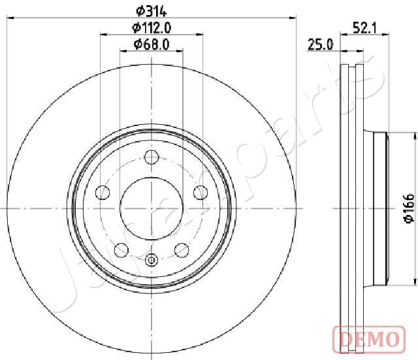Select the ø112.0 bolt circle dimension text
[x=152, y=27]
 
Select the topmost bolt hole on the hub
[x=152, y=157]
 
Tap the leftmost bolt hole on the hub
[x=103, y=193]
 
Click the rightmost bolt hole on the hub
[x=201, y=193]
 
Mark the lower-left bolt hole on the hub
[x=121, y=250]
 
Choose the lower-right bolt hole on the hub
[x=182, y=250]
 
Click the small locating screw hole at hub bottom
[x=152, y=260]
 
